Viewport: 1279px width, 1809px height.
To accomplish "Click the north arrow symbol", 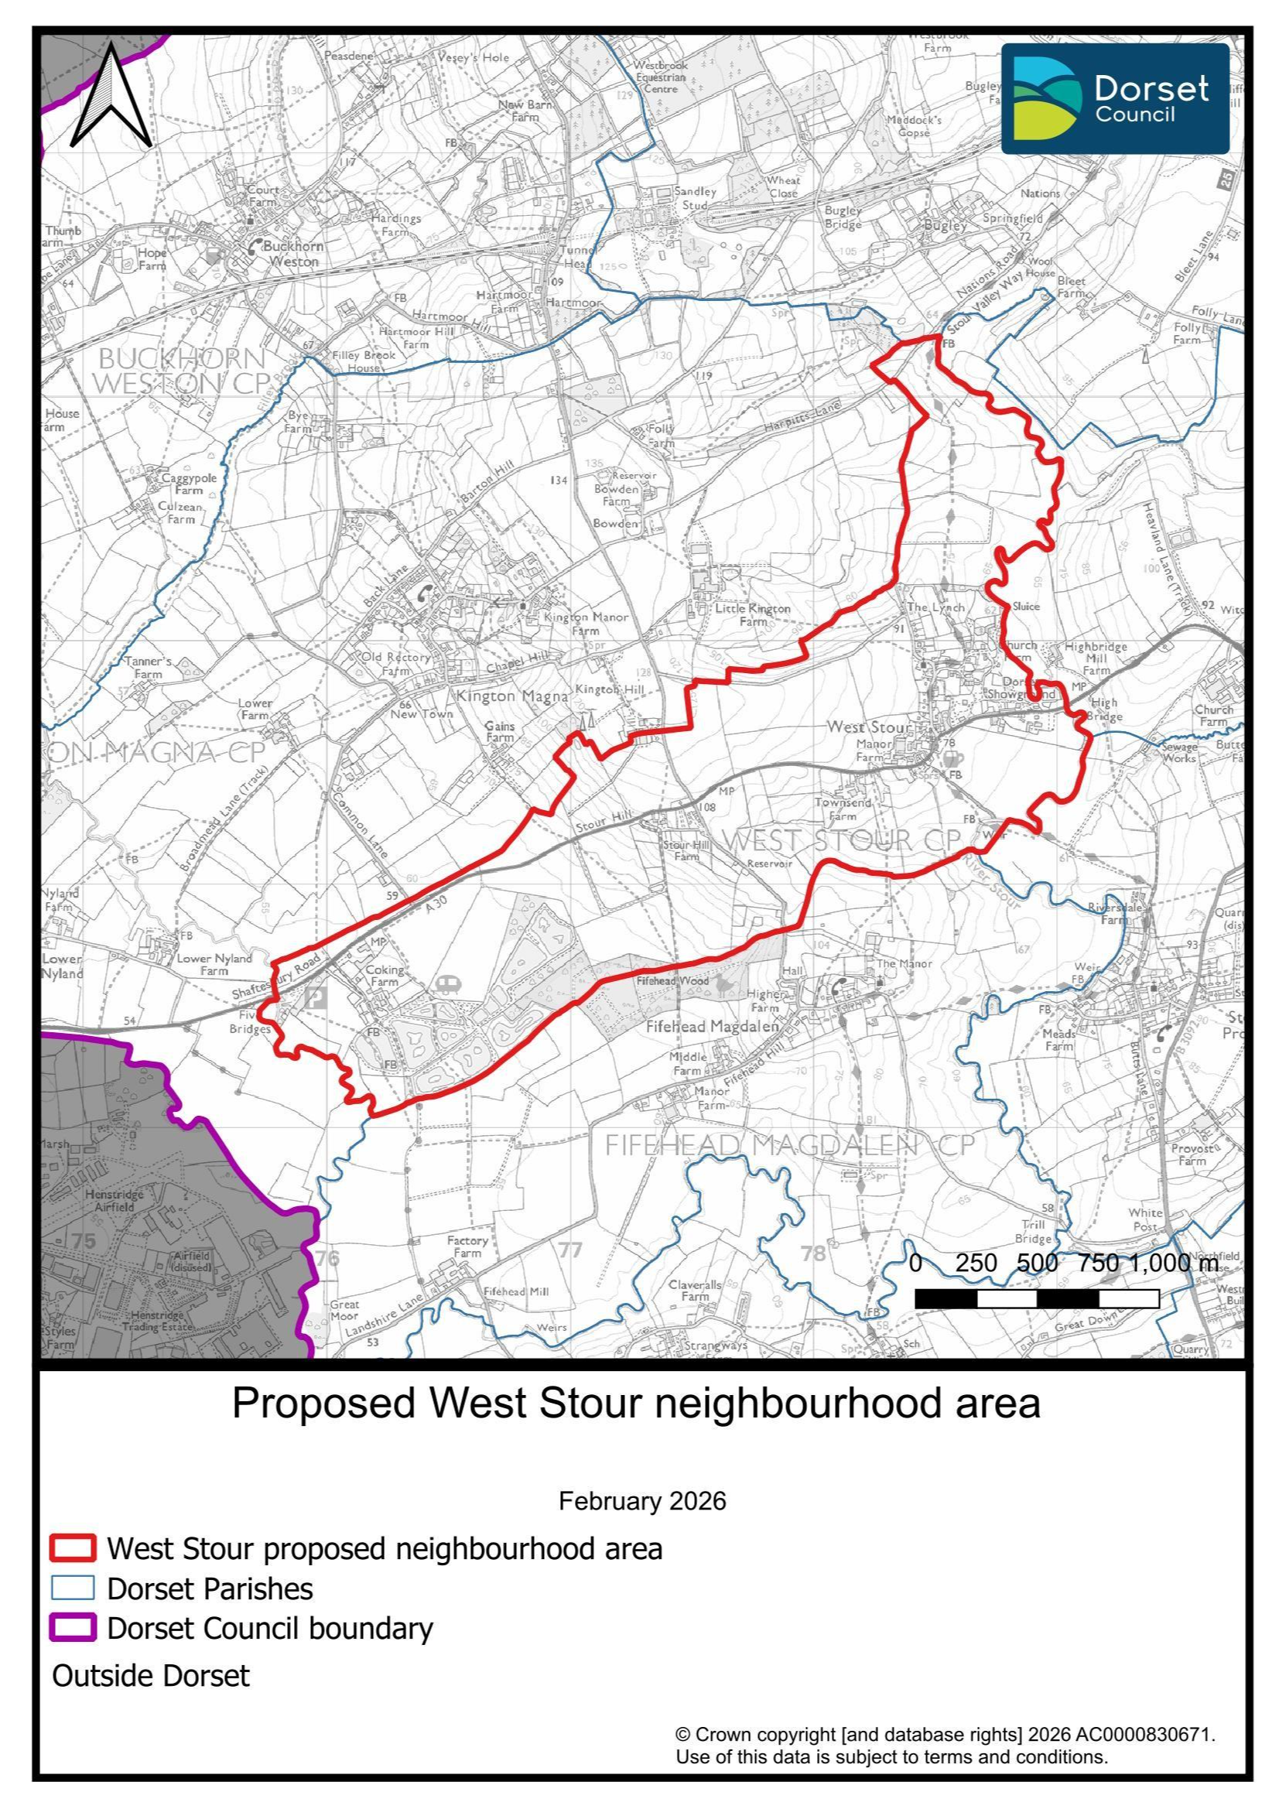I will point(111,97).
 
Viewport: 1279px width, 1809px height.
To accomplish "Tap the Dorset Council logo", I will point(1114,98).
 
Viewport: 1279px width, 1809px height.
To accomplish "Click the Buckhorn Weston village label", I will point(293,254).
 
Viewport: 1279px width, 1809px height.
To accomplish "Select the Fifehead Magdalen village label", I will point(712,1028).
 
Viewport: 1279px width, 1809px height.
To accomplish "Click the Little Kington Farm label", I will point(752,614).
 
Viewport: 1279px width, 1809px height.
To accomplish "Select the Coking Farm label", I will point(385,976).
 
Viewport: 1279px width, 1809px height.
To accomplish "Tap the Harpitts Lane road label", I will point(802,419).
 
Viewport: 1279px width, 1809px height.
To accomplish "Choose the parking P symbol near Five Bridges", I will point(316,997).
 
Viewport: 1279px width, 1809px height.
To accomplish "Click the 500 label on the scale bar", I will point(1037,1263).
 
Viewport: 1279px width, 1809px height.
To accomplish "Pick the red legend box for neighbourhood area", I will point(73,1548).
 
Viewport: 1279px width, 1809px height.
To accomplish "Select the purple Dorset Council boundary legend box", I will point(73,1628).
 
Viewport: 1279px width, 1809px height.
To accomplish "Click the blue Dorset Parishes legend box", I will point(73,1588).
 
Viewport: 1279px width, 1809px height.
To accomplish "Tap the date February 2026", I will point(641,1501).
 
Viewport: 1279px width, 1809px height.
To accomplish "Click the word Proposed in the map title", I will point(323,1404).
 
